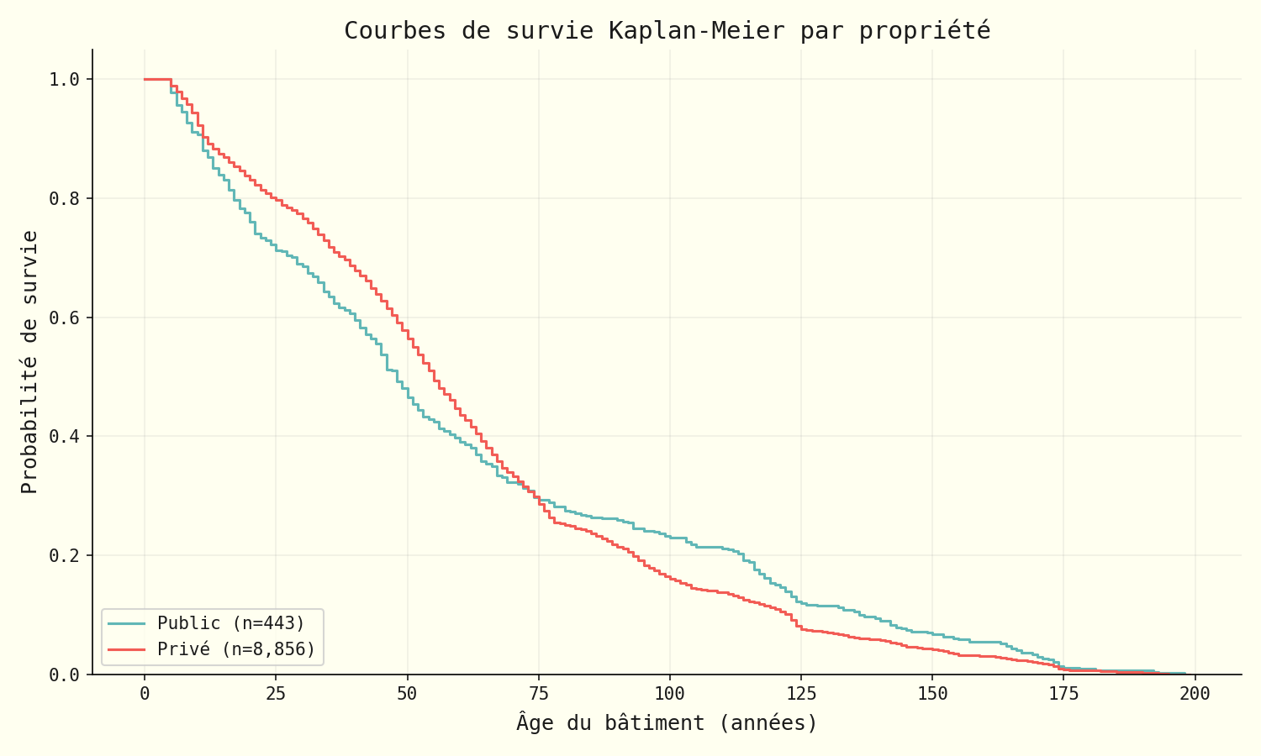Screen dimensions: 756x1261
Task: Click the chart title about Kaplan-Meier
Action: [667, 31]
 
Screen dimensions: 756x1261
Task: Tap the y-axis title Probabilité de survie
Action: [29, 361]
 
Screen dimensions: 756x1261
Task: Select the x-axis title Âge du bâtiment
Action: [667, 722]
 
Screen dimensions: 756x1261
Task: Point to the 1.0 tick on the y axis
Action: [65, 80]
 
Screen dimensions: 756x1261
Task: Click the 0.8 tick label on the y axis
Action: [65, 199]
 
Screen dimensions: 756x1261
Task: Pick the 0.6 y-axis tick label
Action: [65, 318]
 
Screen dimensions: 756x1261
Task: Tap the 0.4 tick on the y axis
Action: [65, 437]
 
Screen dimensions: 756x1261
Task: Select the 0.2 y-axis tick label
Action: [65, 556]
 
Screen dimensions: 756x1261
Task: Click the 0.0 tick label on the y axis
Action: [65, 675]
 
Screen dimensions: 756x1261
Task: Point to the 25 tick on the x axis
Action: [276, 695]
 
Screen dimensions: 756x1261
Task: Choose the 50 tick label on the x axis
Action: [407, 695]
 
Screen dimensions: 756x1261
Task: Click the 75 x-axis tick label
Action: [539, 695]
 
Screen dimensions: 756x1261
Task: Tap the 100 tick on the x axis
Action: [670, 695]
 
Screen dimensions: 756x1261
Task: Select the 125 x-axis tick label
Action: [801, 695]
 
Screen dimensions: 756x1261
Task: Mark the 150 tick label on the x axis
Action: [932, 695]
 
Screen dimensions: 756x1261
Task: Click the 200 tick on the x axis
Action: [1195, 695]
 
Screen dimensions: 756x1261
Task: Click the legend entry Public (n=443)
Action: [231, 623]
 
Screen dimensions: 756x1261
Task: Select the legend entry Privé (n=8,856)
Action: [236, 649]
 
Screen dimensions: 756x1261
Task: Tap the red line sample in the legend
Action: [126, 649]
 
